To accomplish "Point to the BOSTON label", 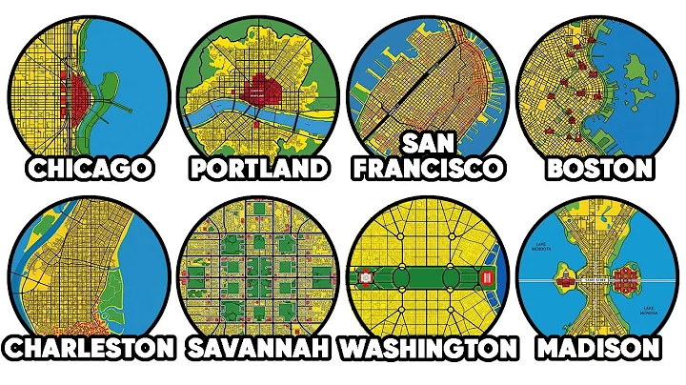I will click(598, 170).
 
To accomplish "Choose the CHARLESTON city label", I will click(88, 346).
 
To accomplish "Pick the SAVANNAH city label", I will click(257, 346).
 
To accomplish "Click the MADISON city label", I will click(598, 346).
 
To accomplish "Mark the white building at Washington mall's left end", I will click(365, 278).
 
